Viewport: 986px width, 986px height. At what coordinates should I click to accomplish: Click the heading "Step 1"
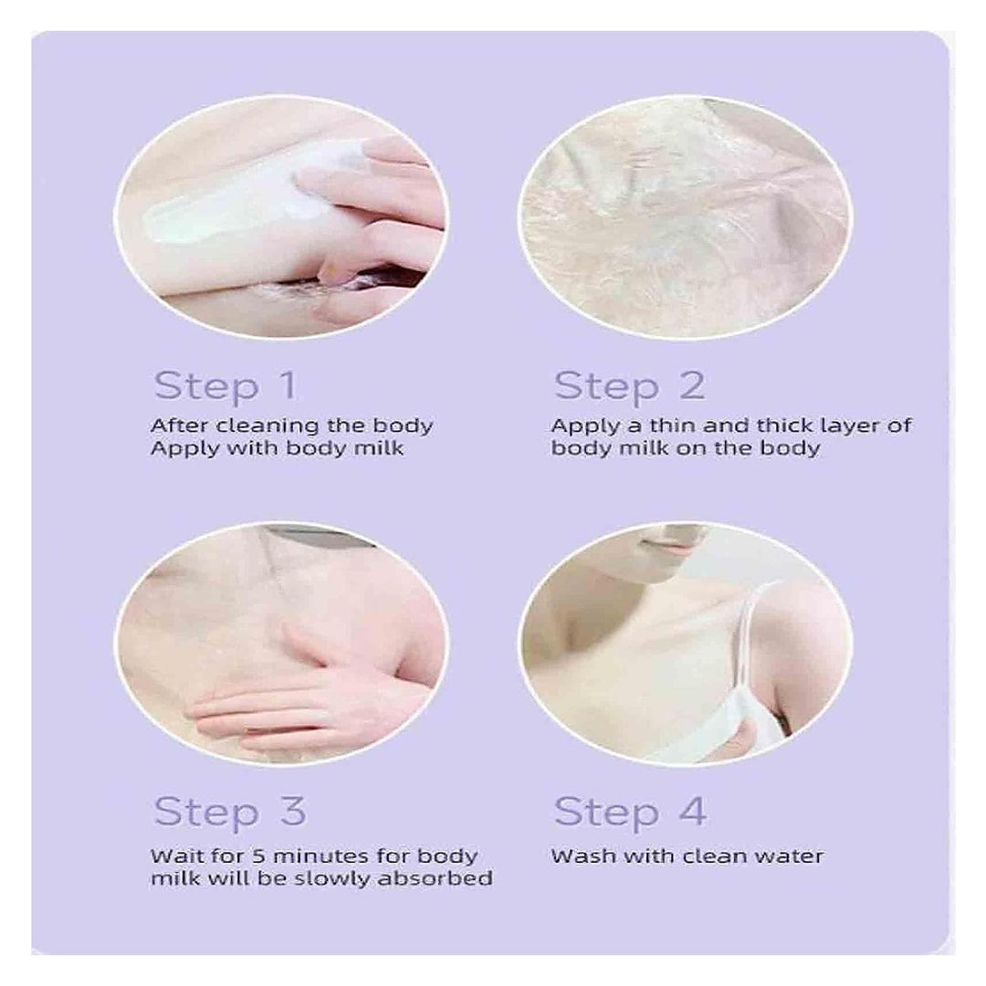[226, 385]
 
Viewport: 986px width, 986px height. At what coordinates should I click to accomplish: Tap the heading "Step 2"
[629, 385]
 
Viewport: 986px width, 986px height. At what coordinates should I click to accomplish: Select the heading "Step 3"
[229, 812]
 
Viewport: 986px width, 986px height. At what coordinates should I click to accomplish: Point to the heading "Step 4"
[630, 812]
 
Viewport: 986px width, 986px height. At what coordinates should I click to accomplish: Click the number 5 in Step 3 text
[259, 855]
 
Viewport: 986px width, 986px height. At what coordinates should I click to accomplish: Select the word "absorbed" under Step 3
[435, 878]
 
